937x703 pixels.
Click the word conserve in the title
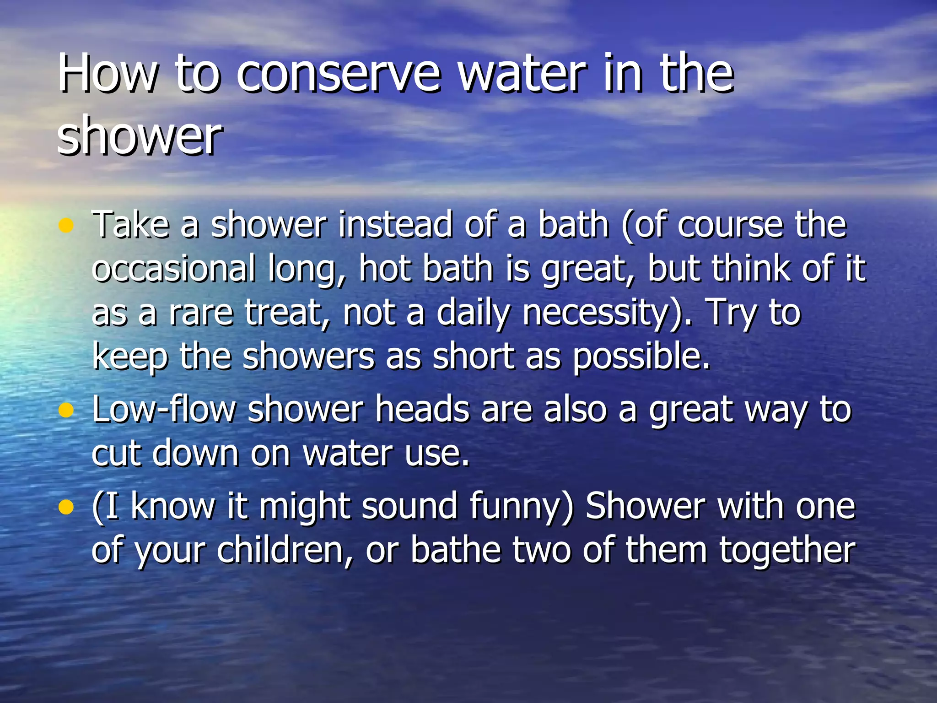(339, 73)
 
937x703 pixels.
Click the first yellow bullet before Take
(66, 225)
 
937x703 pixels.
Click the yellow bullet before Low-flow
(66, 410)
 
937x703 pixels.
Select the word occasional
(174, 269)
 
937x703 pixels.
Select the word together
(787, 550)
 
